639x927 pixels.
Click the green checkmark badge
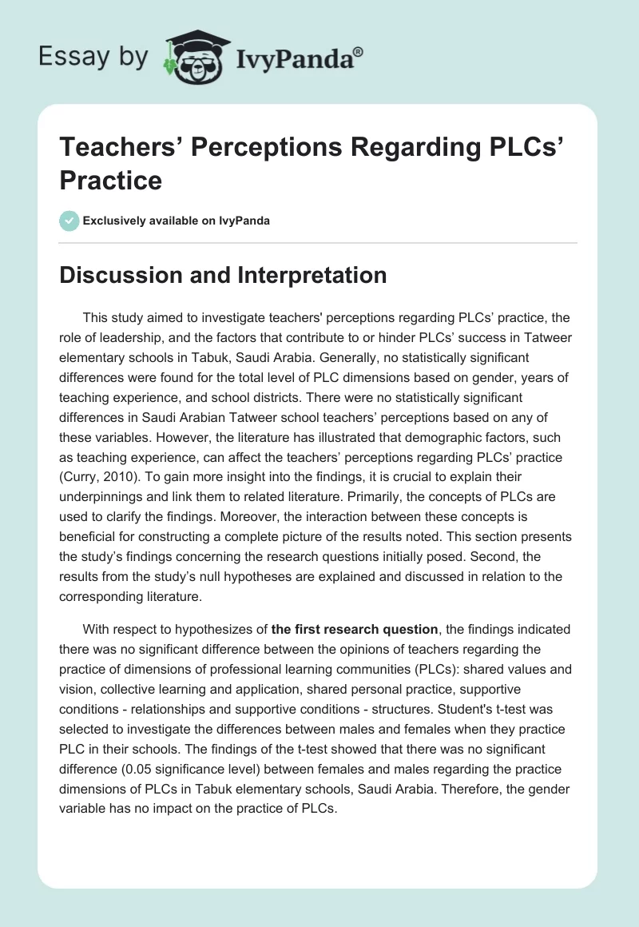69,221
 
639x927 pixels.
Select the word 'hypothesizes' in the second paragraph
220,630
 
